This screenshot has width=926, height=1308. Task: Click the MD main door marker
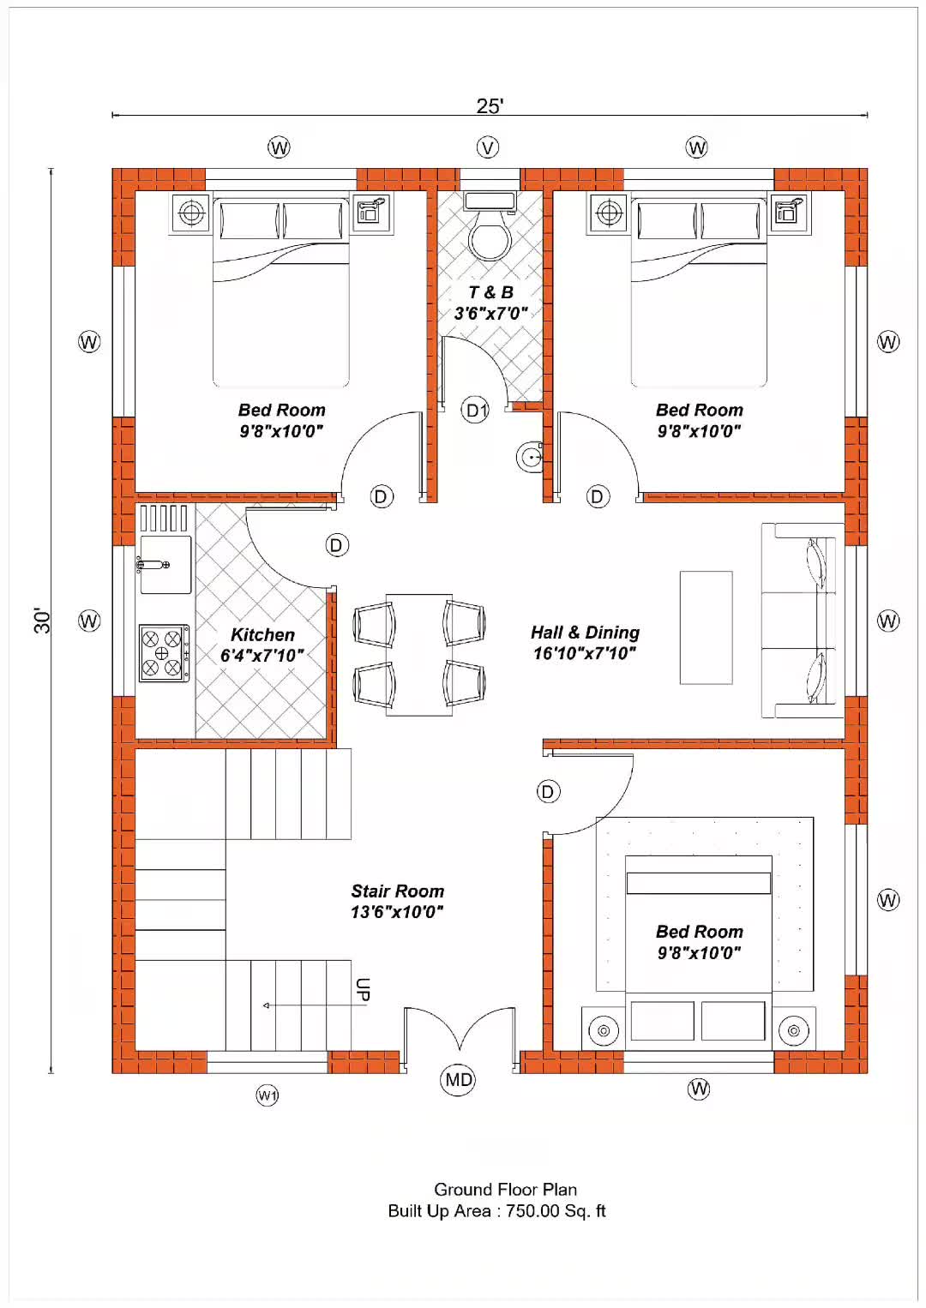[458, 1080]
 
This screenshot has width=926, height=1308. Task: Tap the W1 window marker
[267, 1095]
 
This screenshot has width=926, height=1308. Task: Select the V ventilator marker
[487, 147]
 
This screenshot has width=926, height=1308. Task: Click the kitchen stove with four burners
[164, 653]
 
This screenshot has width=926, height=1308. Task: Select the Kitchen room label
[262, 635]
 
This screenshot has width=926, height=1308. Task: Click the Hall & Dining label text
[585, 633]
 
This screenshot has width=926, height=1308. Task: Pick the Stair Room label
[397, 891]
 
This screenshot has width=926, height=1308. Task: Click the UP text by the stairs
[362, 990]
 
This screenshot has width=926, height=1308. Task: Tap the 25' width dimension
[490, 105]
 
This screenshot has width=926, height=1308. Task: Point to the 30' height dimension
[42, 621]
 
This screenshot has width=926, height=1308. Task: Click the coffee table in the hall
[706, 627]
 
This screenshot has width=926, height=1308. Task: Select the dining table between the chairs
[419, 655]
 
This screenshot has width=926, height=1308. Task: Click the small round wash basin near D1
[529, 457]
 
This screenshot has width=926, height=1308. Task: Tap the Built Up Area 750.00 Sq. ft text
[496, 1211]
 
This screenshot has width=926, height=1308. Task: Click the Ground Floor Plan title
[505, 1190]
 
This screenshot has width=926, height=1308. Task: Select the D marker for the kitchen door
[336, 545]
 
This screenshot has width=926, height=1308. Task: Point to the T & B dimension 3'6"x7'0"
[490, 314]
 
